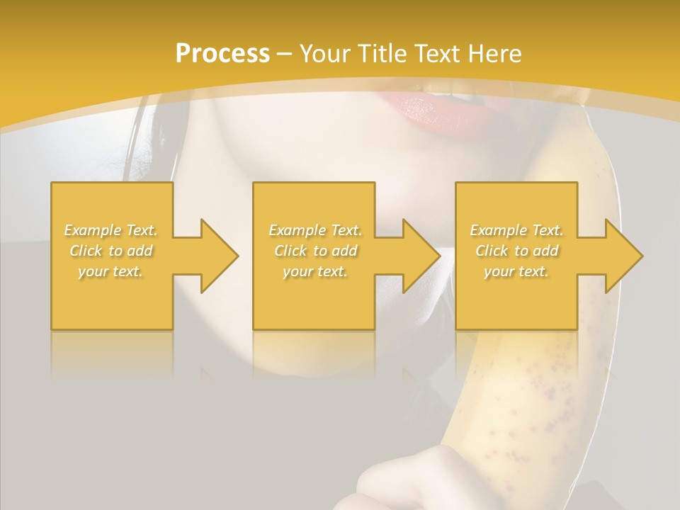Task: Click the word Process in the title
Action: click(222, 54)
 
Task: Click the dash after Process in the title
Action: click(285, 55)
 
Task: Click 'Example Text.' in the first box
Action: click(111, 230)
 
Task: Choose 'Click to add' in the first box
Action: click(111, 251)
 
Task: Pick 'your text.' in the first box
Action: click(111, 271)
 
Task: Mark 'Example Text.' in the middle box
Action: click(315, 230)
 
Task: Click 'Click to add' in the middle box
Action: click(315, 251)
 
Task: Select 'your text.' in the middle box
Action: click(315, 271)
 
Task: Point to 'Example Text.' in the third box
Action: click(516, 230)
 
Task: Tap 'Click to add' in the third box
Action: click(516, 251)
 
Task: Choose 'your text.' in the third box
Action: click(516, 271)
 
